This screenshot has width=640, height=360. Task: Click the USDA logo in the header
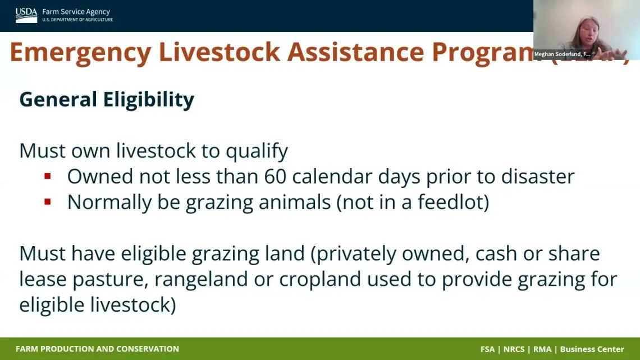pos(26,15)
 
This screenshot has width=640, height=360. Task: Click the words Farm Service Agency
pos(76,12)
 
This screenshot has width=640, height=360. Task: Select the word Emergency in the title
pos(80,52)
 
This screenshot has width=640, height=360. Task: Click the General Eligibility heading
pos(107,99)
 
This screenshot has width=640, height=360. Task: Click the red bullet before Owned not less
pos(48,176)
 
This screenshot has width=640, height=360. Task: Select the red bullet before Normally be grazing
pos(48,202)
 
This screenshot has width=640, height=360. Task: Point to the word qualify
pos(257,151)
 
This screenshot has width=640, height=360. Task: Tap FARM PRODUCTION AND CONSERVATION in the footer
pos(97,349)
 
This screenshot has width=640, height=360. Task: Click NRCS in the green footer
pos(514,349)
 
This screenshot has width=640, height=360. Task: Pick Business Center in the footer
pos(592,349)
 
